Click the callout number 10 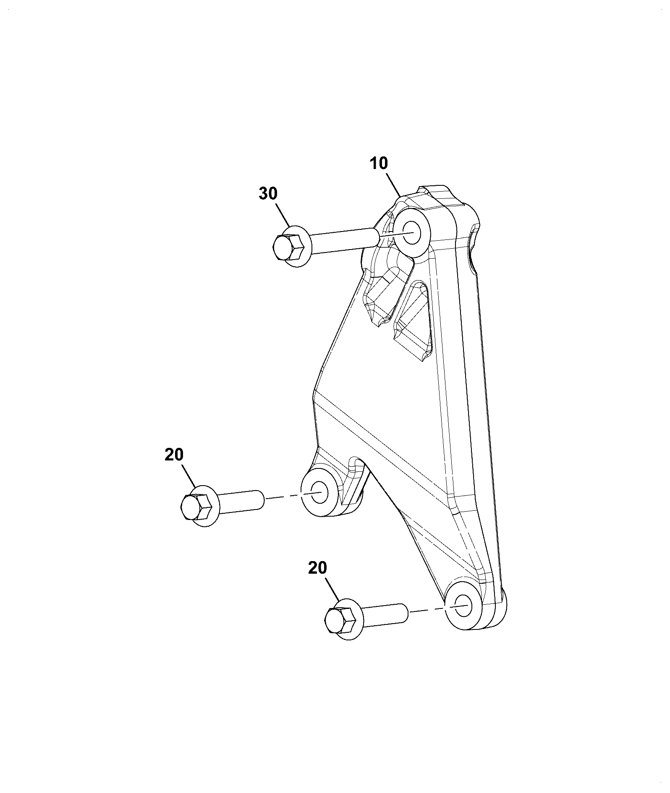coord(379,164)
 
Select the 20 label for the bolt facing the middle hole coord(174,455)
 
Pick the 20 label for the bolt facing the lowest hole coord(317,568)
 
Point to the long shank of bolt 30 coord(344,241)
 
